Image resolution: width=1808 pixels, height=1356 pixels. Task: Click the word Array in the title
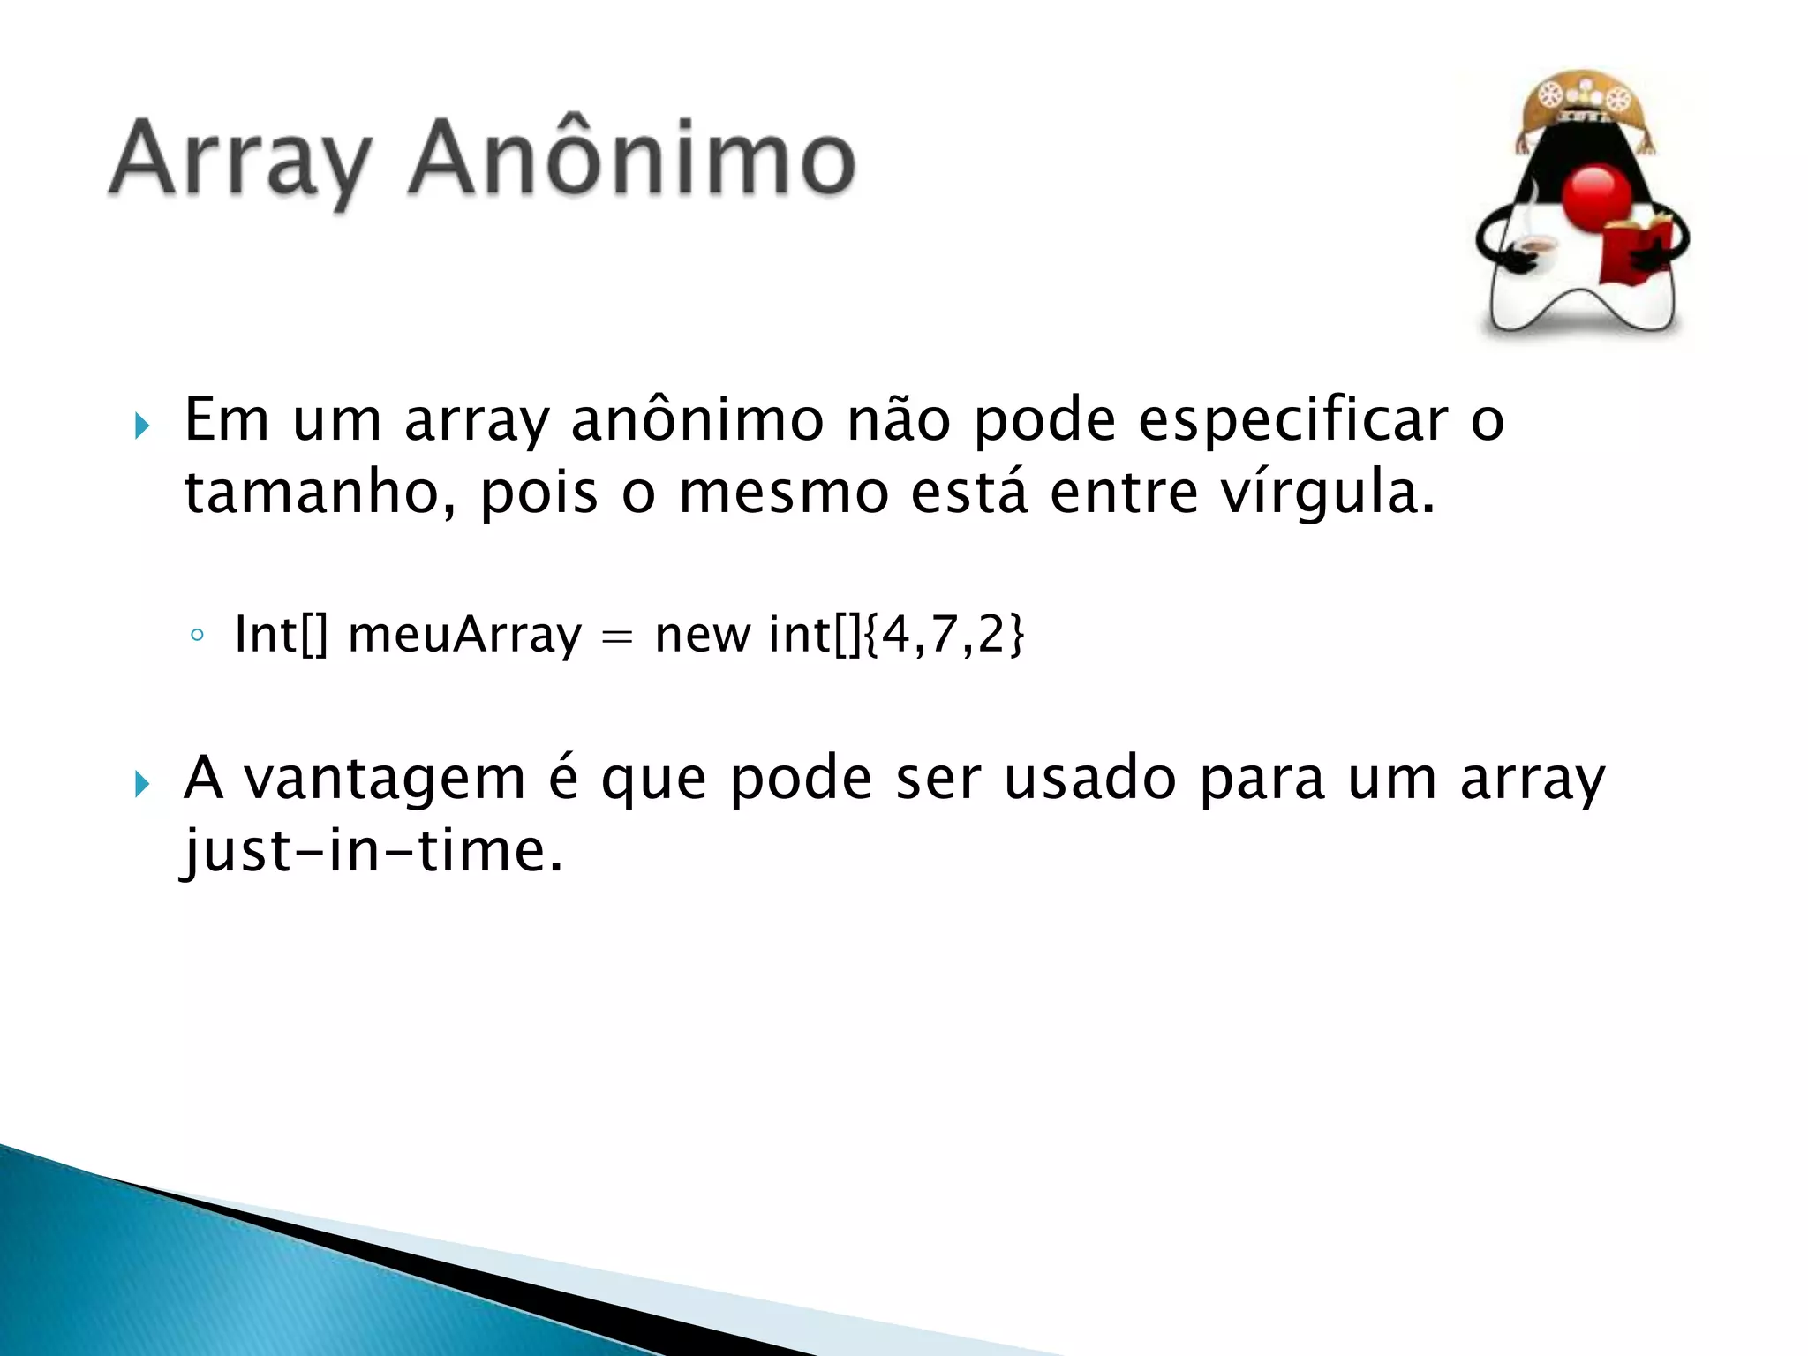click(x=240, y=161)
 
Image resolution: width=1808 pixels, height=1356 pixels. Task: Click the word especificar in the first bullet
click(x=1292, y=420)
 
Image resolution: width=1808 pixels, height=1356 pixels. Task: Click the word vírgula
click(x=1328, y=492)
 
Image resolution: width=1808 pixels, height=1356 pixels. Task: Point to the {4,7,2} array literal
click(x=944, y=634)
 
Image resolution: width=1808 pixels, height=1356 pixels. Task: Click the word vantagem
click(x=385, y=779)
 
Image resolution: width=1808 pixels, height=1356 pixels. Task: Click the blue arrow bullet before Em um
click(x=142, y=426)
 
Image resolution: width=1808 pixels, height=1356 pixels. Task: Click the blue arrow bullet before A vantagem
click(x=142, y=783)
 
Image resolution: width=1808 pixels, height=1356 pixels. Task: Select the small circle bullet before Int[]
click(x=197, y=636)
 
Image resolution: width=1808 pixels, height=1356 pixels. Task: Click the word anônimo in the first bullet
click(x=697, y=420)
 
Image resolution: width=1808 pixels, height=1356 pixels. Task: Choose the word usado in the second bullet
click(x=1090, y=779)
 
